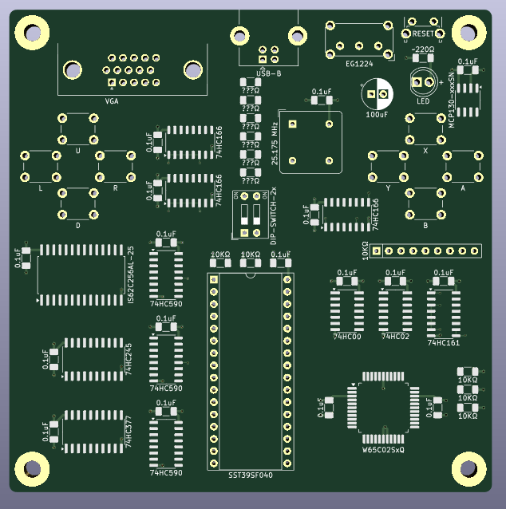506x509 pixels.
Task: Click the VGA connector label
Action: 112,101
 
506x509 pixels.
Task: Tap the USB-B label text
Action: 269,73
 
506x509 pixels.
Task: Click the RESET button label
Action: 424,34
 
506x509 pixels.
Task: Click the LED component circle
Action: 421,81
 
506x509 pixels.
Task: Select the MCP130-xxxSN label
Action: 452,105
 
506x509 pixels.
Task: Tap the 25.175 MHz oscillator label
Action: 275,144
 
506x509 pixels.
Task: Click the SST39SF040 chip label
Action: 251,475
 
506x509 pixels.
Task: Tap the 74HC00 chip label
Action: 347,337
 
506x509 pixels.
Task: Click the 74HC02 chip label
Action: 395,337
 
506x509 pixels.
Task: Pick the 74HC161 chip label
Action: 444,343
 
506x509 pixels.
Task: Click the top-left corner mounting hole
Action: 32,34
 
